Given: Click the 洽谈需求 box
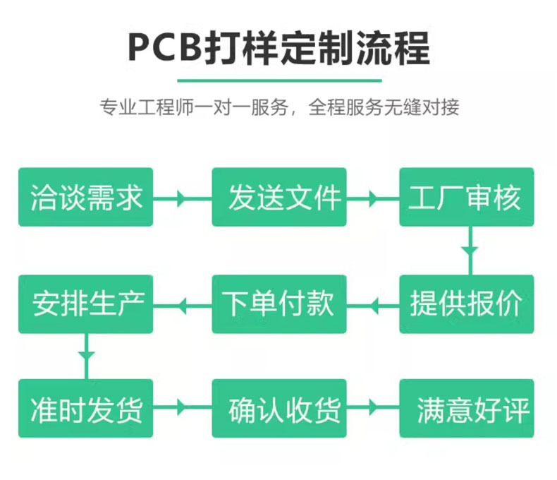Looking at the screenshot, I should (85, 197).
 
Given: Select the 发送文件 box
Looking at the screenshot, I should (279, 197).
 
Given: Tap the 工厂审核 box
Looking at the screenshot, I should (467, 197).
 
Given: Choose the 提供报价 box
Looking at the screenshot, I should (467, 304).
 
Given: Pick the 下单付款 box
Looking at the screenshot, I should (279, 304).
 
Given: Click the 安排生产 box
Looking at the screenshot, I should (85, 304).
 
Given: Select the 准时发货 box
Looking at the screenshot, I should (85, 409).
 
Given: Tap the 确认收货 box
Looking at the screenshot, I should (279, 409).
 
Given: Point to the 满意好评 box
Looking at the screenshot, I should (467, 409).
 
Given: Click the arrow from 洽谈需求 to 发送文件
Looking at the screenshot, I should (182, 198).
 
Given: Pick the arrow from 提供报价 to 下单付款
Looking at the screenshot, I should (374, 305).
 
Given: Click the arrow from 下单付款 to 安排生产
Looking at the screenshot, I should (182, 305).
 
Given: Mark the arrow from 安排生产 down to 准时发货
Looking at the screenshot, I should (86, 354).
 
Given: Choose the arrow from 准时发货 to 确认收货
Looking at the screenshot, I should (182, 408).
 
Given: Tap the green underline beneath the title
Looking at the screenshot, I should (278, 79).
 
